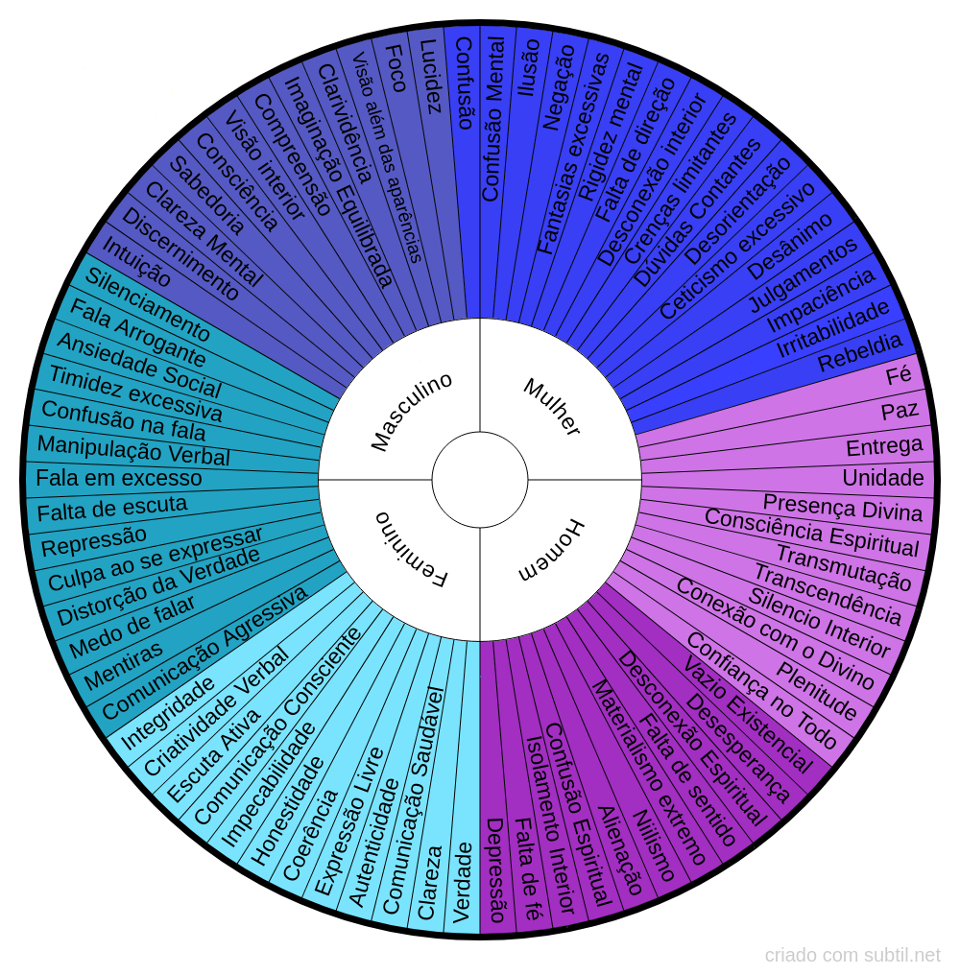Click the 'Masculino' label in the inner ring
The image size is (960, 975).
411,412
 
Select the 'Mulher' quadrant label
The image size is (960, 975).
552,407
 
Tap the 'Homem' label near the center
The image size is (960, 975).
551,551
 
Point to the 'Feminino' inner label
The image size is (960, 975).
411,549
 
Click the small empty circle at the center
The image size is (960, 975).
480,479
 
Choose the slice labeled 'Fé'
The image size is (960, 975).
899,375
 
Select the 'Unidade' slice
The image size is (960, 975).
883,478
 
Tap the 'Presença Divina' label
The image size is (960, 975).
843,508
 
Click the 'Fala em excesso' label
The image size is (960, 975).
119,478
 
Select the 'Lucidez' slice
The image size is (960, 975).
433,77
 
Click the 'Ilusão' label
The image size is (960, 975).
528,67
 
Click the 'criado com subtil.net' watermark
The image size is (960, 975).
852,955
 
